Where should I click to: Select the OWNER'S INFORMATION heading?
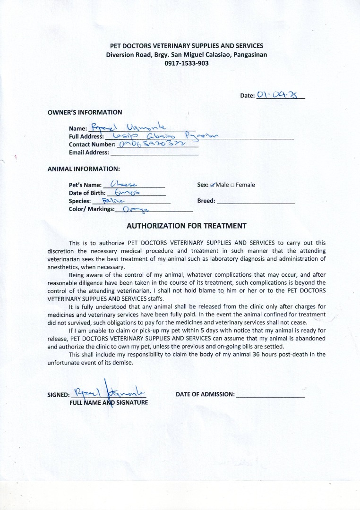(x=85, y=112)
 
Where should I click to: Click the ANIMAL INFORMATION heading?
(x=84, y=168)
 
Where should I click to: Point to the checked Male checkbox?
(x=213, y=185)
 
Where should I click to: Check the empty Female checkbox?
(x=232, y=185)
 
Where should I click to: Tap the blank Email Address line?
(x=154, y=153)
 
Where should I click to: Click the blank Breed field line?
(x=255, y=201)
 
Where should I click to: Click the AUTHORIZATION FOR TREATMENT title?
(x=186, y=226)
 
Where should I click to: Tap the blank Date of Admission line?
(x=270, y=395)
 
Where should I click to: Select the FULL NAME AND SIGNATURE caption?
(x=109, y=403)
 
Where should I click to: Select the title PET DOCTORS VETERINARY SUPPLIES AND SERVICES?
(x=186, y=46)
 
